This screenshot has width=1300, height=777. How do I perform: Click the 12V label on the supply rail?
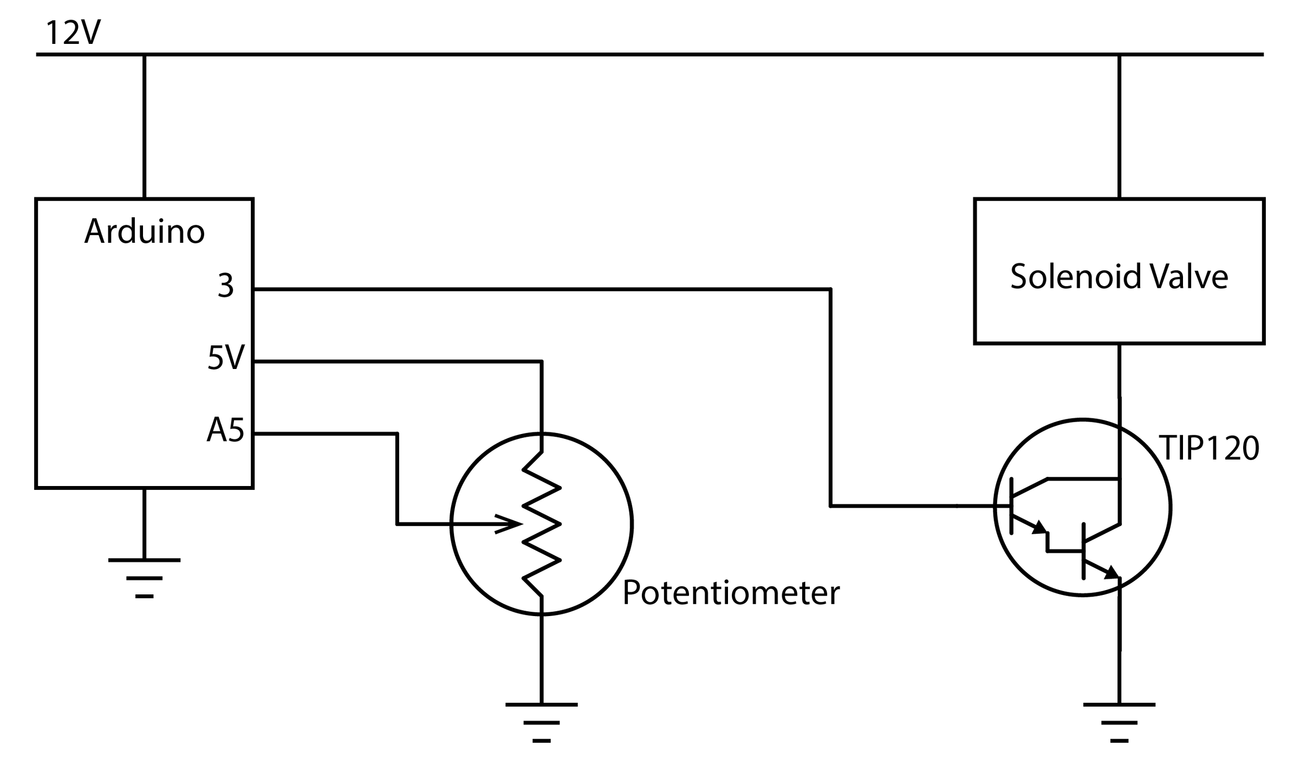pyautogui.click(x=73, y=34)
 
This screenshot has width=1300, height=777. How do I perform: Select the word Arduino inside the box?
pyautogui.click(x=145, y=232)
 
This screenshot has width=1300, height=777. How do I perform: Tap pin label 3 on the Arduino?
pyautogui.click(x=225, y=286)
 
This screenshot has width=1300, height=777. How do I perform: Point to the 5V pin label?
pyautogui.click(x=226, y=358)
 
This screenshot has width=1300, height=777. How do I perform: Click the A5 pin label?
pyautogui.click(x=225, y=431)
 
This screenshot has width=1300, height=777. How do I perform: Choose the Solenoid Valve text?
pyautogui.click(x=1119, y=276)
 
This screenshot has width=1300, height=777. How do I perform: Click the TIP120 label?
pyautogui.click(x=1208, y=449)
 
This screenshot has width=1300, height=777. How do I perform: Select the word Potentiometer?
pyautogui.click(x=731, y=593)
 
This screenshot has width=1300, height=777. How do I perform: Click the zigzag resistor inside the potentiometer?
pyautogui.click(x=541, y=524)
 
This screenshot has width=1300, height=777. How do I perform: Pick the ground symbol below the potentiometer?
pyautogui.click(x=541, y=722)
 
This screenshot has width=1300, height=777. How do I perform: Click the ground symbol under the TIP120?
pyautogui.click(x=1119, y=722)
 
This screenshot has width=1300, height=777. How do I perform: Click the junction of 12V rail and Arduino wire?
pyautogui.click(x=145, y=55)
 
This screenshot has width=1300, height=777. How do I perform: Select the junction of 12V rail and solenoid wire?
pyautogui.click(x=1119, y=55)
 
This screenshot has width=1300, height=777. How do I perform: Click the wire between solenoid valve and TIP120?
pyautogui.click(x=1119, y=371)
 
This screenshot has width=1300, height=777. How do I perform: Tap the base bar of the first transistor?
pyautogui.click(x=1011, y=506)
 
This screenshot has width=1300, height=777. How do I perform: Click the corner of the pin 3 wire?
pyautogui.click(x=830, y=289)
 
